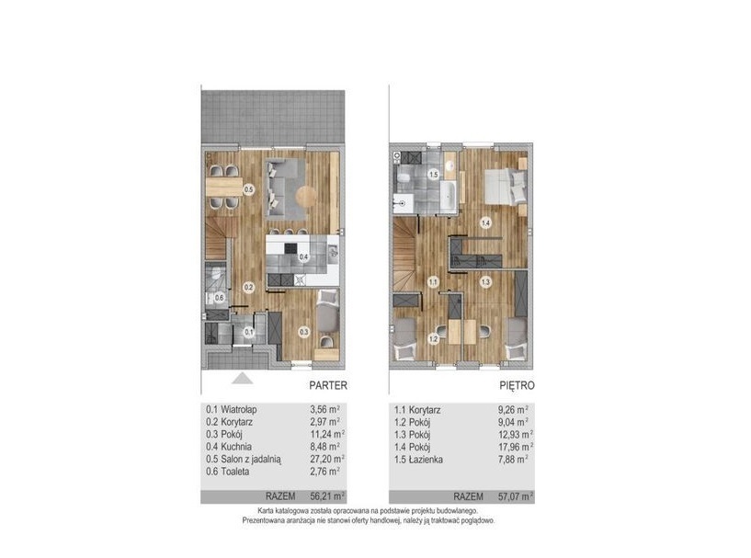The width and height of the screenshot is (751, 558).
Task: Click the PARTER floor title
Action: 328,385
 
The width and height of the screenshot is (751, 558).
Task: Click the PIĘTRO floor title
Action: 517,385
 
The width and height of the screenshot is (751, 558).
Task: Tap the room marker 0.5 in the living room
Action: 248,189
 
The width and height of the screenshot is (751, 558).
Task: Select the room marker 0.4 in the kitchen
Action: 303,257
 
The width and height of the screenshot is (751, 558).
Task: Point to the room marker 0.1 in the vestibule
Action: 248,332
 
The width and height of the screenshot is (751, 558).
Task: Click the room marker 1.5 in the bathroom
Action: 434,175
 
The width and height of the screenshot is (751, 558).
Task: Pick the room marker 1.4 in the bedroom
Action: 485,222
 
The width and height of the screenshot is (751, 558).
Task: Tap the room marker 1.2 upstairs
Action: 434,339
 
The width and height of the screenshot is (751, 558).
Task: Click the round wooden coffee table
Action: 306,196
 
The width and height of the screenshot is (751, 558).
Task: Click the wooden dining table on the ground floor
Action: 224,187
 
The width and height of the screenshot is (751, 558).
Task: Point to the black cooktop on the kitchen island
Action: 290,248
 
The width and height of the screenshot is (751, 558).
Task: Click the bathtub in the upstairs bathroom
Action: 449,196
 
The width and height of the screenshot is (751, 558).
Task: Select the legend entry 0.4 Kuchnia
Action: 229,447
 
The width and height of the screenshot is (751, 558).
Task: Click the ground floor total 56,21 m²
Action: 327,496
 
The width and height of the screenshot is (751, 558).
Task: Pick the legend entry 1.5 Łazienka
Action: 418,460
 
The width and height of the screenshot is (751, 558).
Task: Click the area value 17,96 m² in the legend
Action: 516,447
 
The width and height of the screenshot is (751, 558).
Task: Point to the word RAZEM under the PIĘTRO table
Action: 469,496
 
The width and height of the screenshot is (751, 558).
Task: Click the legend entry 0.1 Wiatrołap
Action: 232,409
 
